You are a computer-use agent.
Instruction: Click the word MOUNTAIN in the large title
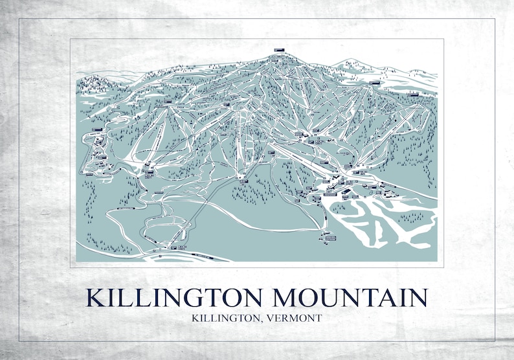coord(350,297)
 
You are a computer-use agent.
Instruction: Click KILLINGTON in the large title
coord(173,297)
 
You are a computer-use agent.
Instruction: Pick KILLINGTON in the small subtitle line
coord(226,318)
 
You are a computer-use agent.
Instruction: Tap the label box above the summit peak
coord(280,50)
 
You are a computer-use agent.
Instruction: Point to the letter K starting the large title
coord(96,297)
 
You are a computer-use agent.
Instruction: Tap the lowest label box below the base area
coord(331,238)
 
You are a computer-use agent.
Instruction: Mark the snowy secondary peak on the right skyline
coord(353,63)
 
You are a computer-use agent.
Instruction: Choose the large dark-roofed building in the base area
coord(330,192)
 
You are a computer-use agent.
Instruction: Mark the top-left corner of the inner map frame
coord(71,39)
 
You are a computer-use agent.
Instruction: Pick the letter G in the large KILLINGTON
coord(187,297)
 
